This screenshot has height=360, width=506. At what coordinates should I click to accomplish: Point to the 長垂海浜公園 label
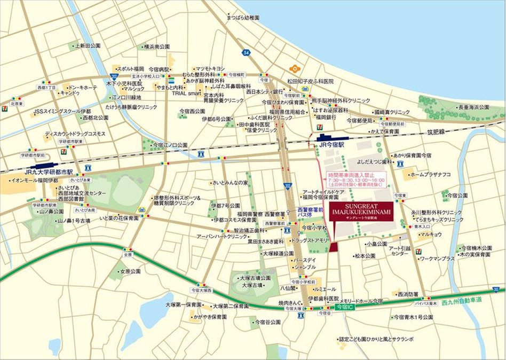click(473, 107)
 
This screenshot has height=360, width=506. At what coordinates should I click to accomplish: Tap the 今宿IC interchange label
click(345, 308)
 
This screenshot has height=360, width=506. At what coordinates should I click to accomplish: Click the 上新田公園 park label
click(88, 46)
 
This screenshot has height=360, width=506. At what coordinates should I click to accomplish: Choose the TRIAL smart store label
click(186, 93)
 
